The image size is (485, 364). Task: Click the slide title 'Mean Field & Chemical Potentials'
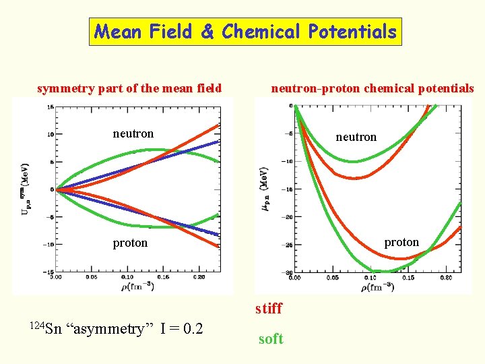[x=245, y=32]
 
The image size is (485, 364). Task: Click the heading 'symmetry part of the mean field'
[x=129, y=88]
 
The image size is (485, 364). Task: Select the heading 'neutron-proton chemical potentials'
[x=372, y=88]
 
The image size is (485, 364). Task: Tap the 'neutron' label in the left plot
[x=133, y=133]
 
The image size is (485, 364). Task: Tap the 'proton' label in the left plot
[x=130, y=243]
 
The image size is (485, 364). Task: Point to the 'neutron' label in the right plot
[x=356, y=137]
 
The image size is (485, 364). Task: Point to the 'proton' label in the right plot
[x=401, y=242]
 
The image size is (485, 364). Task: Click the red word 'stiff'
[x=269, y=309]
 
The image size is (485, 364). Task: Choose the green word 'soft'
[x=271, y=339]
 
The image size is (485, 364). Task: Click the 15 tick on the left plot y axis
[x=49, y=107]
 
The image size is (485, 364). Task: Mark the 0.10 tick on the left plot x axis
[x=127, y=276]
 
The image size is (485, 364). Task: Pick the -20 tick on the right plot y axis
[x=287, y=217]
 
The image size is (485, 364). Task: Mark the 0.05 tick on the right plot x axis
[x=333, y=277]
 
